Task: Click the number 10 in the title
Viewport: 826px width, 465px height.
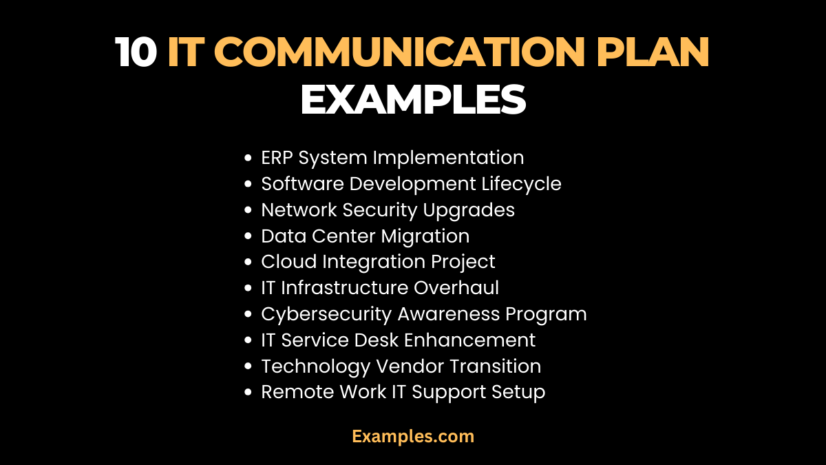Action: point(137,52)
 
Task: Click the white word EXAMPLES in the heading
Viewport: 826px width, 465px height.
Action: point(413,100)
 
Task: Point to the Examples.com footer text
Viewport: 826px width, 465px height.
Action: point(413,436)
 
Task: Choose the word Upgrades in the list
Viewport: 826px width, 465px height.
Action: point(474,211)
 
